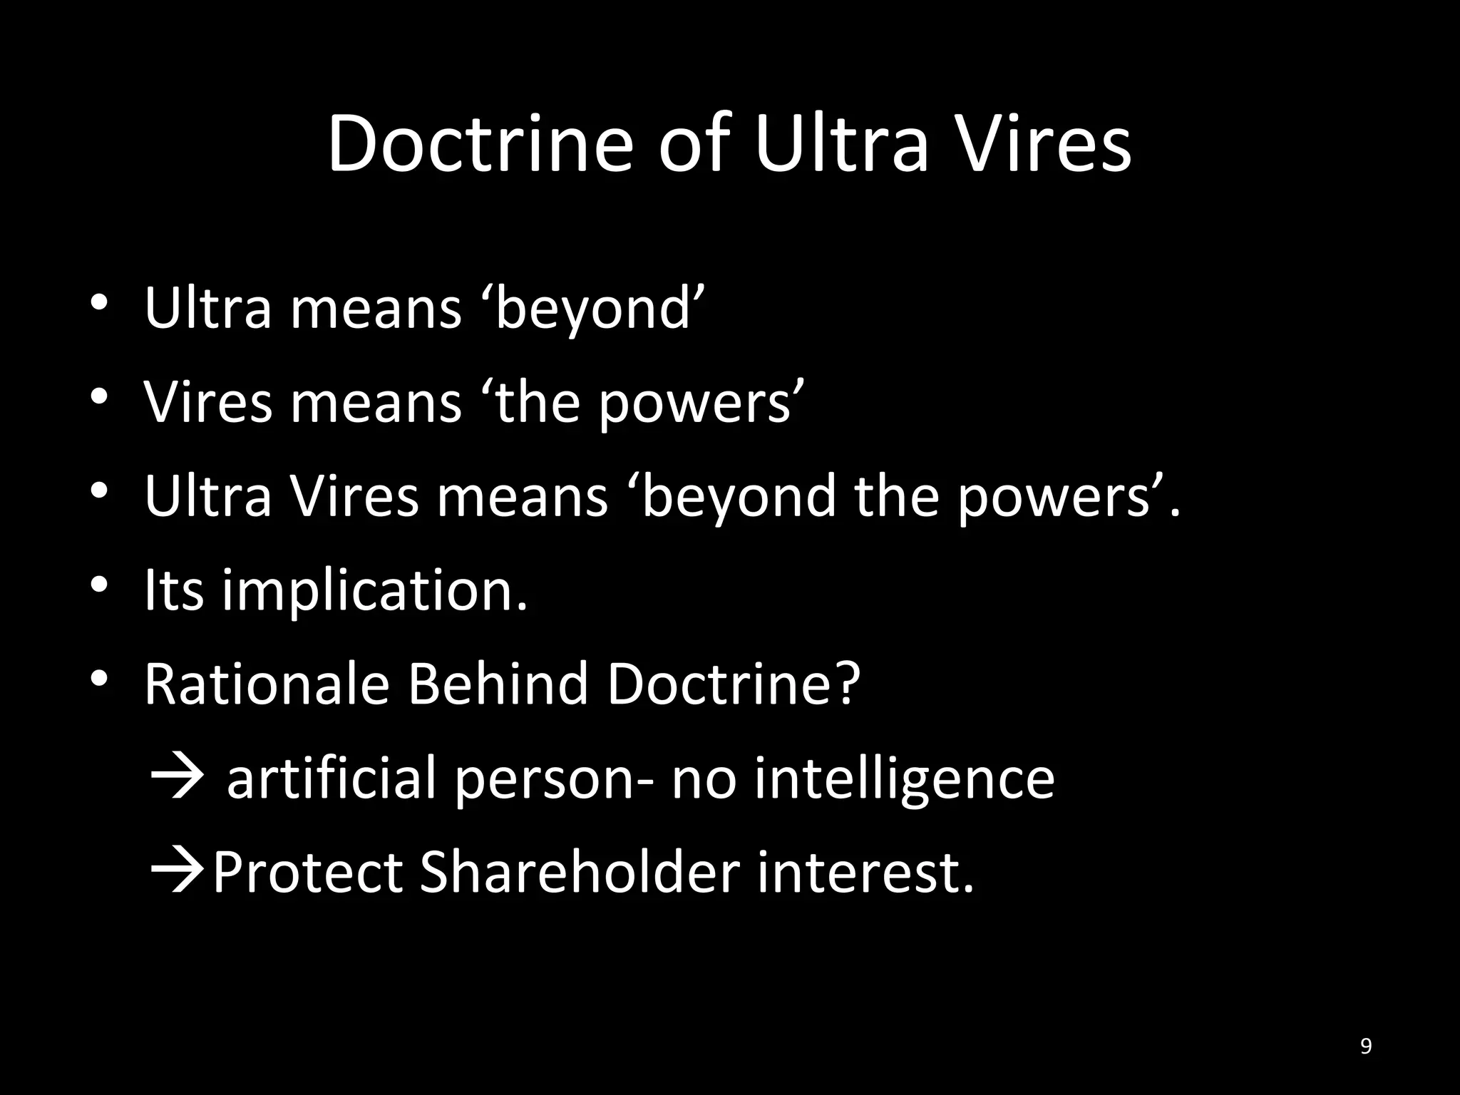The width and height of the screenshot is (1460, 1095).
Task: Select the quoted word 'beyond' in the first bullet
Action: coord(594,309)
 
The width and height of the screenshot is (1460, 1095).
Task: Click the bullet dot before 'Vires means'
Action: coord(99,396)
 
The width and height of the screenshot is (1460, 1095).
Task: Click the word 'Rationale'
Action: coord(267,684)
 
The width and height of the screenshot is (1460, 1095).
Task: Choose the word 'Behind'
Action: coord(498,684)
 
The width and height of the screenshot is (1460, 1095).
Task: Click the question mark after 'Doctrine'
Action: coord(847,684)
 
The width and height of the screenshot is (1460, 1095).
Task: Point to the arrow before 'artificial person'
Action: coord(178,778)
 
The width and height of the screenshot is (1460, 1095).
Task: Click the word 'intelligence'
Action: coord(904,779)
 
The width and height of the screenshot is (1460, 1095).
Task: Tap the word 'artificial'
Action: coord(331,778)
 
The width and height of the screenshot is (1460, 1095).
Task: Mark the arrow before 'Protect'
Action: coord(178,872)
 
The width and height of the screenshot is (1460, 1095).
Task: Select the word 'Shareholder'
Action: coord(580,872)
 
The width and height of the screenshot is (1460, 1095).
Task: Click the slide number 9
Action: coord(1366,1047)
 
